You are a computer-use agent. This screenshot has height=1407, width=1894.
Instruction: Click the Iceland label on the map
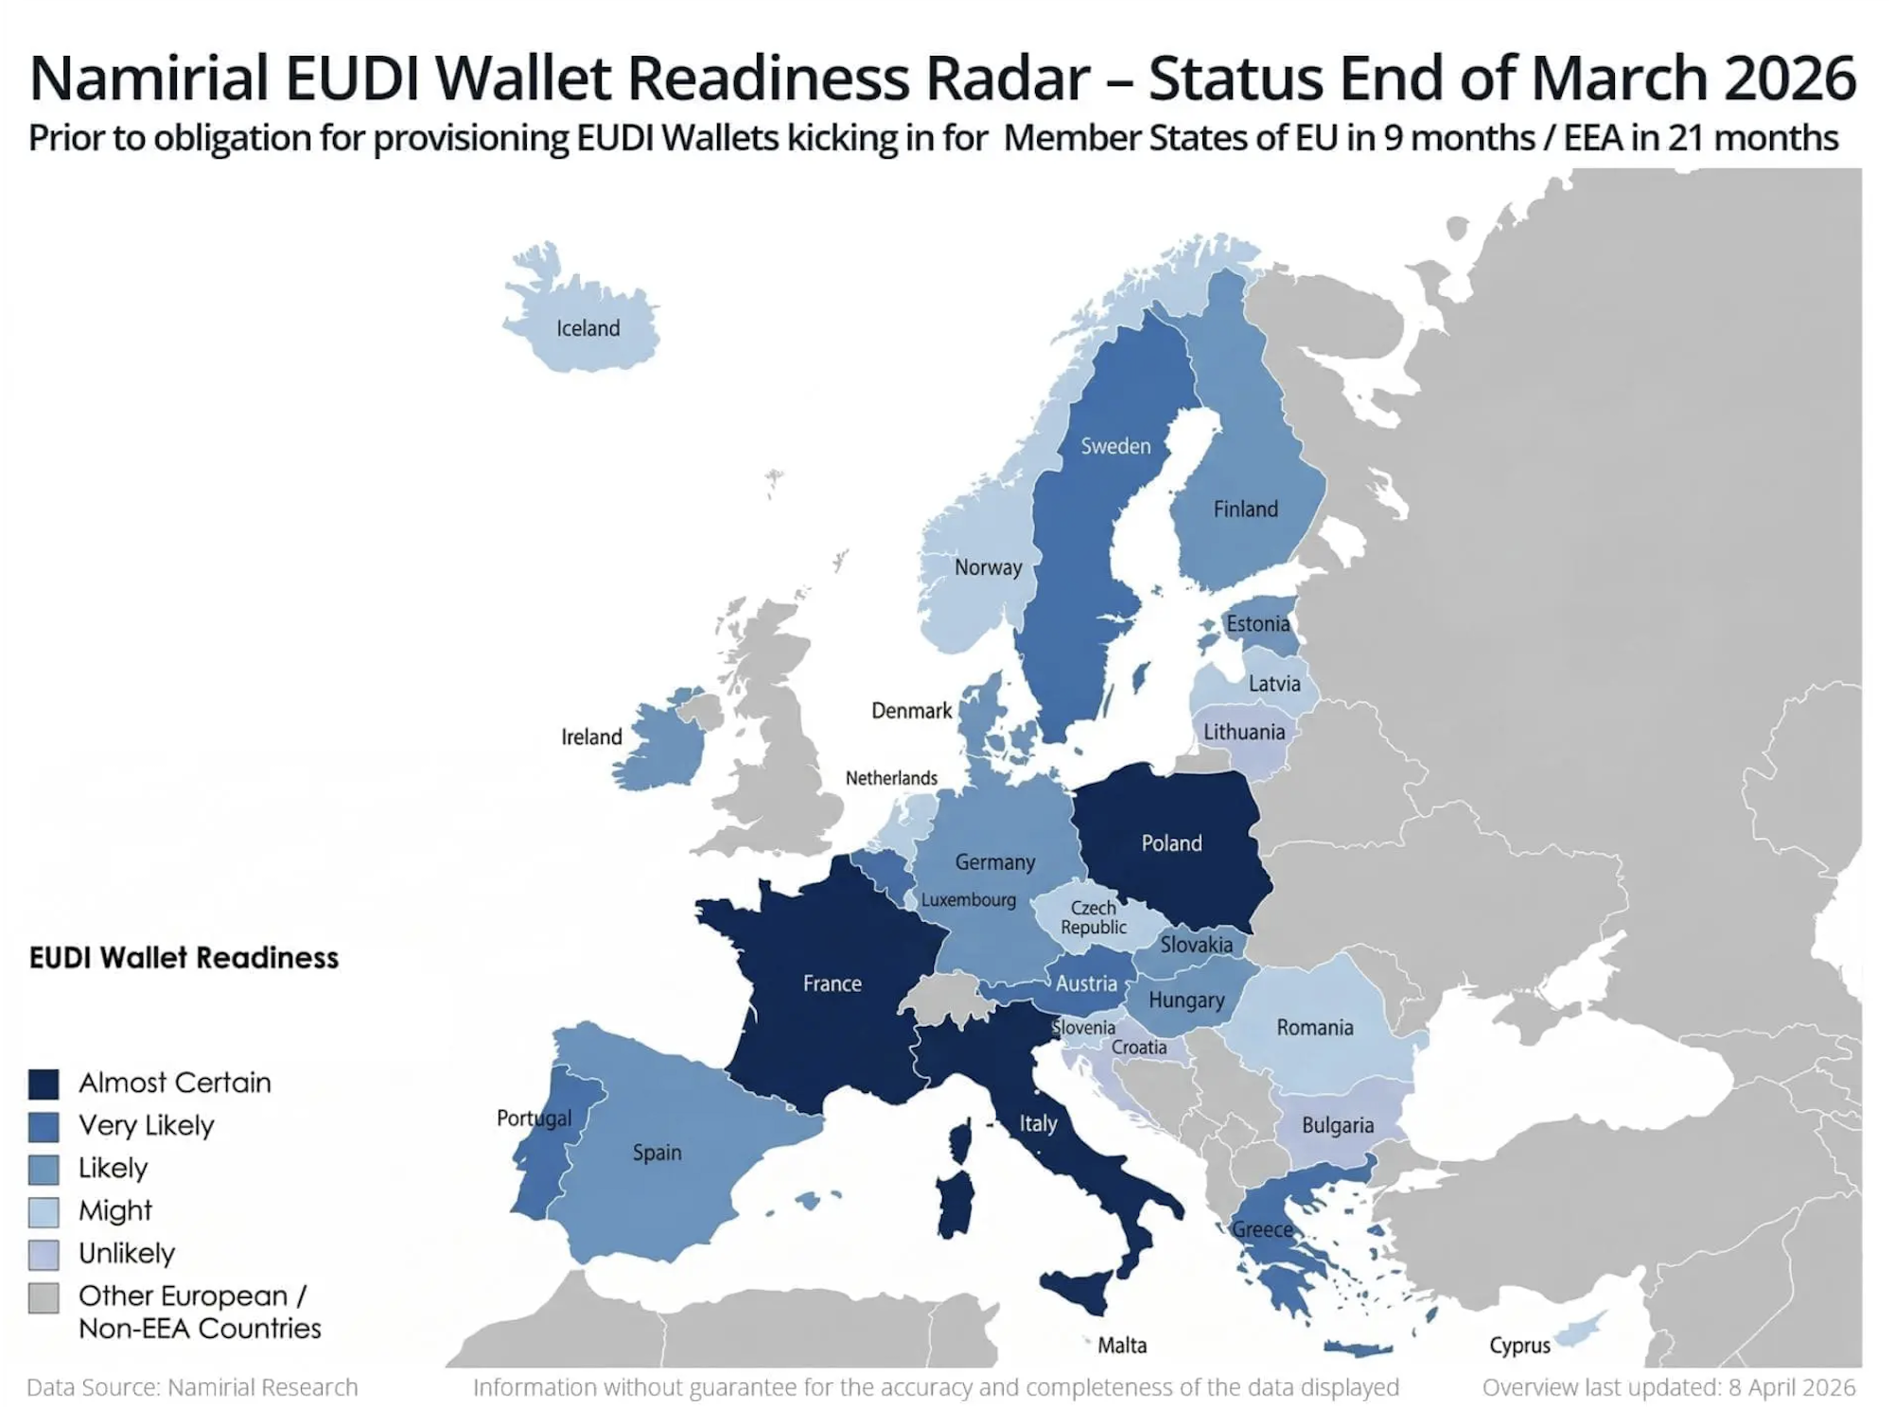coord(587,328)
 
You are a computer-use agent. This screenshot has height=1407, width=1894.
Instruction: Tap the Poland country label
coord(1171,843)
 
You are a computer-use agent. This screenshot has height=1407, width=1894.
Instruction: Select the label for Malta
coord(1122,1345)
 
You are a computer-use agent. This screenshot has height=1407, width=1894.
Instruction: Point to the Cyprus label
coord(1519,1345)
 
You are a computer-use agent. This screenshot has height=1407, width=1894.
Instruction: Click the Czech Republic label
coord(1094,917)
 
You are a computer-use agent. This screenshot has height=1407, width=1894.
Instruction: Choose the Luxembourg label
coord(968,899)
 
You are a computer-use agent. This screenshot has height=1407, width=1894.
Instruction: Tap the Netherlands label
coord(891,778)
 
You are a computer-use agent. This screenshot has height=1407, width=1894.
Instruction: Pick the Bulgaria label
coord(1337,1125)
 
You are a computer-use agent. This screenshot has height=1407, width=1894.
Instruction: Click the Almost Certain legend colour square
coord(44,1084)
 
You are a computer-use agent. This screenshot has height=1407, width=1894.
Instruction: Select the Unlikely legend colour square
coord(44,1254)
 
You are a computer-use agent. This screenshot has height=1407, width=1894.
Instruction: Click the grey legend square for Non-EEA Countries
coord(44,1297)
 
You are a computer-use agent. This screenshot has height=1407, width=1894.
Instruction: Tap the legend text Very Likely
coord(147,1125)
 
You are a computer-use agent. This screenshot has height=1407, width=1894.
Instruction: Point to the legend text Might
coord(115,1210)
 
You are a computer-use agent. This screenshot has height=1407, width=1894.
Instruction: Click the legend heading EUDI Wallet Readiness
coord(184,958)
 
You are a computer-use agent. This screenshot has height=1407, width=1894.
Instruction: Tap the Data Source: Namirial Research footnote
coord(192,1387)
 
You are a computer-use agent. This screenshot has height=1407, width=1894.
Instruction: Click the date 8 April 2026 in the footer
coord(1792,1387)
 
